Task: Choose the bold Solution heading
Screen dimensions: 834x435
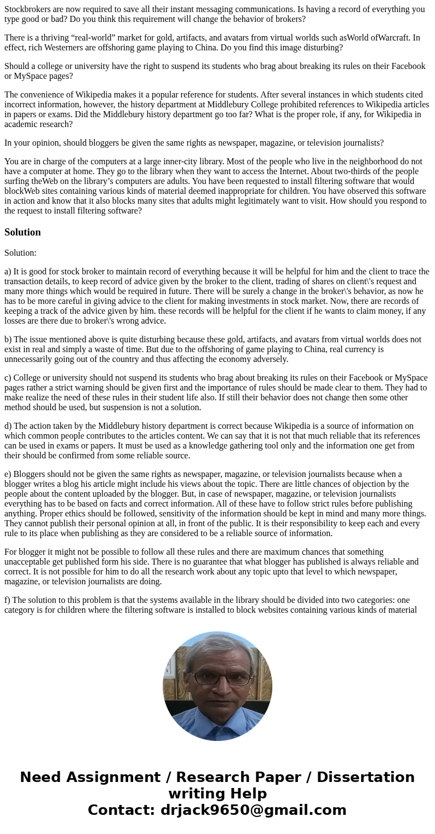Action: pyautogui.click(x=22, y=232)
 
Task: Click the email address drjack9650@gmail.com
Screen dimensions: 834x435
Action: pyautogui.click(x=253, y=810)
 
